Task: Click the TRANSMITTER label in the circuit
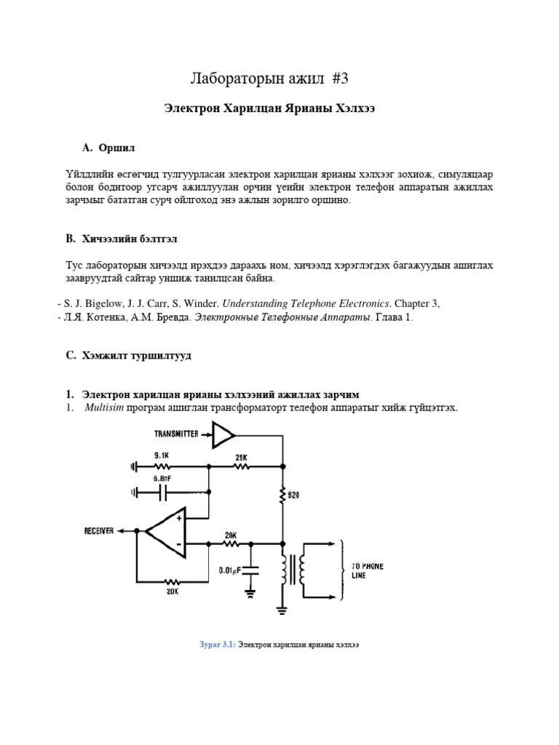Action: pos(177,434)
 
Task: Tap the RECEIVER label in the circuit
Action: pos(99,532)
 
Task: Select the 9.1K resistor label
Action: pos(162,455)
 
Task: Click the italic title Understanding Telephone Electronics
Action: pos(299,303)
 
